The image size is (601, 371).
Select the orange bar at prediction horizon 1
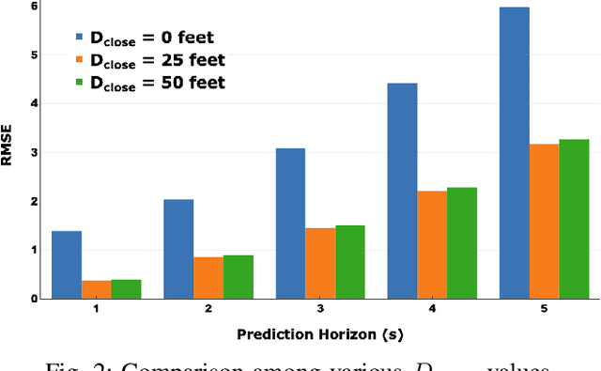(x=97, y=289)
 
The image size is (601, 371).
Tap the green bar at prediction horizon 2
(x=238, y=277)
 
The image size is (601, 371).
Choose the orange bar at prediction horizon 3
(x=320, y=263)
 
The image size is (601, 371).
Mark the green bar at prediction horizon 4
(x=462, y=243)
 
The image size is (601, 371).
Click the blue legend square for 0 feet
(x=81, y=39)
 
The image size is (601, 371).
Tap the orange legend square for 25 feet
(x=81, y=61)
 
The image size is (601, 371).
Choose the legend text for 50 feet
(x=159, y=83)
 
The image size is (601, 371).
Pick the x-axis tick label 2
(x=208, y=309)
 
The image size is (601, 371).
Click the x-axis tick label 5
(x=545, y=309)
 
